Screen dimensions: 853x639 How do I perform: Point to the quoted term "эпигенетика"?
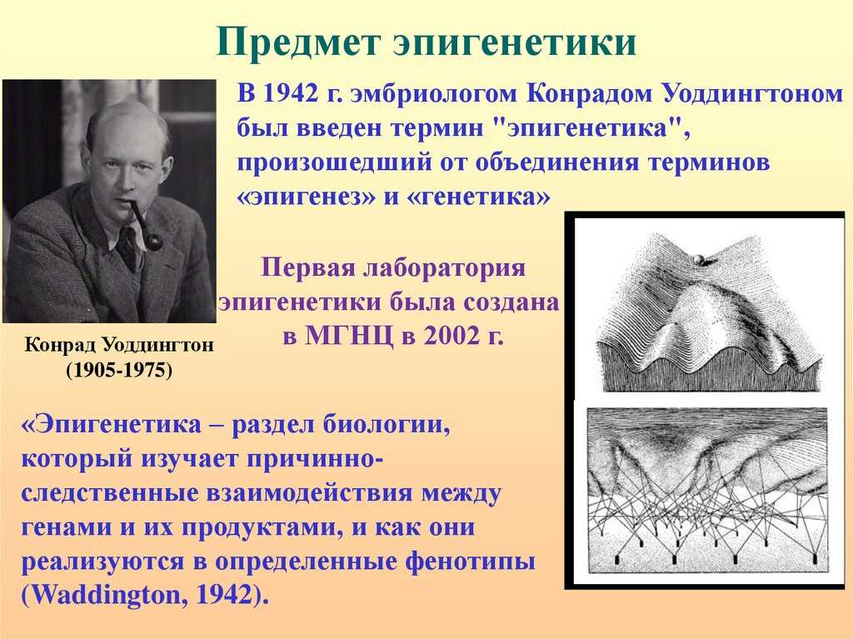coord(587,129)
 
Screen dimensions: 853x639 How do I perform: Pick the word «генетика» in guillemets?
coord(479,197)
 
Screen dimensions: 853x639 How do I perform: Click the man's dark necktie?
coord(129,248)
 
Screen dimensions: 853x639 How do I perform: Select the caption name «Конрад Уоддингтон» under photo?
coord(119,345)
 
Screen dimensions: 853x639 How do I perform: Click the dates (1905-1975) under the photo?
coord(119,370)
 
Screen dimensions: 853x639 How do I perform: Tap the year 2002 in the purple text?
coord(449,336)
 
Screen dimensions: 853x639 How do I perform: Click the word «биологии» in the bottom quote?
coord(387,424)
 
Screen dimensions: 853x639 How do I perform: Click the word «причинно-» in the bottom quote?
coord(315,458)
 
